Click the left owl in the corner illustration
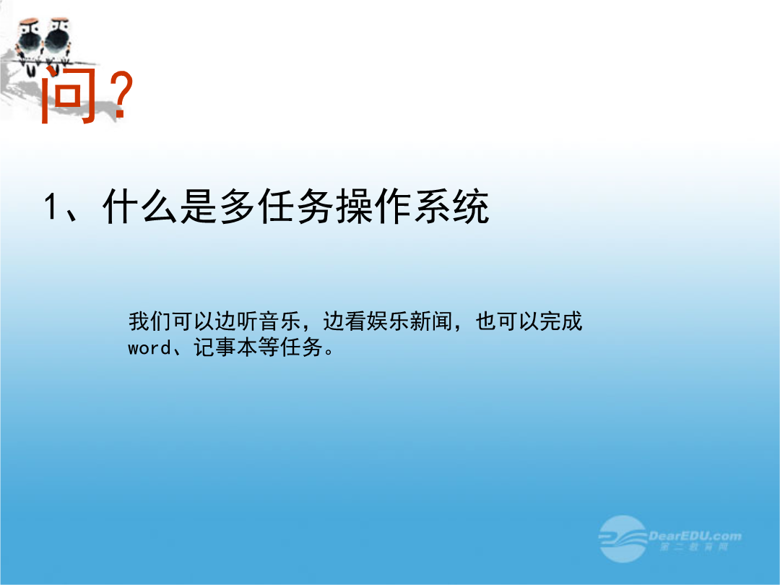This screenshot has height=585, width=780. [30, 43]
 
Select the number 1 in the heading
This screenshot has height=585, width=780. [50, 207]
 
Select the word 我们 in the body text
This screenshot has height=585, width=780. [149, 321]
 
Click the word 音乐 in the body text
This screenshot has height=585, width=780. [280, 321]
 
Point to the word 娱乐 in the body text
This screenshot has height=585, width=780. [388, 321]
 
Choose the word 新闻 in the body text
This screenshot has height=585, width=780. [431, 321]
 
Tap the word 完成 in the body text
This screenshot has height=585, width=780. [561, 321]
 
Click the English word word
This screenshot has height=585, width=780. [149, 347]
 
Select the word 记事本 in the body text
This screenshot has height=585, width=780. [226, 347]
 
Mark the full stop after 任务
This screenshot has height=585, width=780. [329, 351]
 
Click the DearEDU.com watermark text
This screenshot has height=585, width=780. [695, 536]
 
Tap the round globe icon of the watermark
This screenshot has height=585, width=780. [623, 539]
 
